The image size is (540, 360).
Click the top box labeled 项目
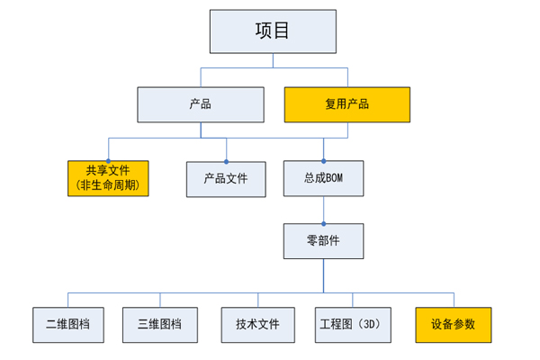click(273, 31)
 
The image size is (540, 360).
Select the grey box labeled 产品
click(201, 104)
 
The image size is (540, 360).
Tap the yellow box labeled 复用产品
click(347, 104)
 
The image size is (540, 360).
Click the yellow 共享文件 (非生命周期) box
click(108, 178)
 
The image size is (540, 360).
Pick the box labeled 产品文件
click(226, 179)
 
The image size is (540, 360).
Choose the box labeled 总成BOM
click(323, 178)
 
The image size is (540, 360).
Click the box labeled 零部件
click(323, 241)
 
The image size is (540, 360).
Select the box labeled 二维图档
click(68, 325)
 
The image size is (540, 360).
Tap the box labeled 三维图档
click(160, 325)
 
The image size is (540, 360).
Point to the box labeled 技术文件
click(258, 325)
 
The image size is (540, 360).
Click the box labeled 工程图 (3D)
click(353, 325)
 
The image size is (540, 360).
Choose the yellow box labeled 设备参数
click(454, 325)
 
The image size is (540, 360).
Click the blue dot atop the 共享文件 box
click(108, 161)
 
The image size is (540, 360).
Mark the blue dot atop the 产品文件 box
click(226, 162)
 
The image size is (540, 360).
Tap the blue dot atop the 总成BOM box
click(324, 161)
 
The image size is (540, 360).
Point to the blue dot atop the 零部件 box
click(324, 224)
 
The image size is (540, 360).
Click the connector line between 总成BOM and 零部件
click(324, 210)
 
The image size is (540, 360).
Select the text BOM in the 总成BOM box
click(335, 178)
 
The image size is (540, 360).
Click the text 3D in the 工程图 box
click(369, 324)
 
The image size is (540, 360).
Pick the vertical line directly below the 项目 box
click(273, 60)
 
